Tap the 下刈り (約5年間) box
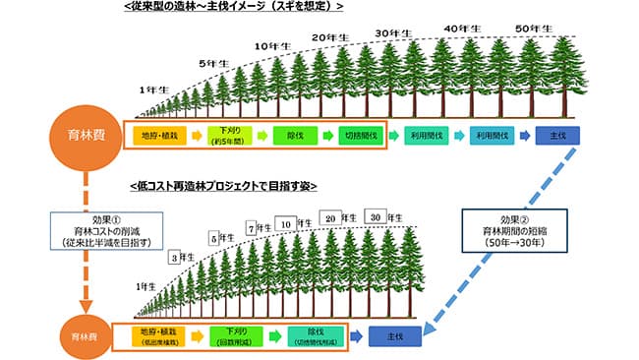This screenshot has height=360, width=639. point(232,135)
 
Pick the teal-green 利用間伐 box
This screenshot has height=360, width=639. point(428,135)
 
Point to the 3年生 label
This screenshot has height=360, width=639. point(182,257)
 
